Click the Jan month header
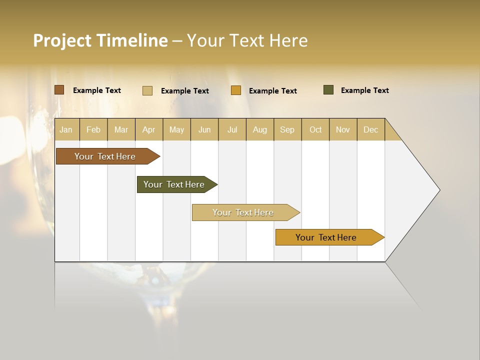pyautogui.click(x=66, y=129)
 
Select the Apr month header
pyautogui.click(x=148, y=129)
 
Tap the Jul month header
pyautogui.click(x=232, y=129)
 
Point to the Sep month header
pyautogui.click(x=287, y=129)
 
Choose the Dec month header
pyautogui.click(x=370, y=129)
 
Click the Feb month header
pyautogui.click(x=93, y=129)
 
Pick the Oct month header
pyautogui.click(x=315, y=129)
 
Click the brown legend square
pyautogui.click(x=59, y=90)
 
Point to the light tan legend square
pyautogui.click(x=147, y=90)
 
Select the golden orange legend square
pyautogui.click(x=236, y=90)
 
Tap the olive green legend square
pyautogui.click(x=328, y=90)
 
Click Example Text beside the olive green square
pyautogui.click(x=364, y=90)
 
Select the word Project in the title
pyautogui.click(x=62, y=40)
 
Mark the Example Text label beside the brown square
pyautogui.click(x=96, y=90)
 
